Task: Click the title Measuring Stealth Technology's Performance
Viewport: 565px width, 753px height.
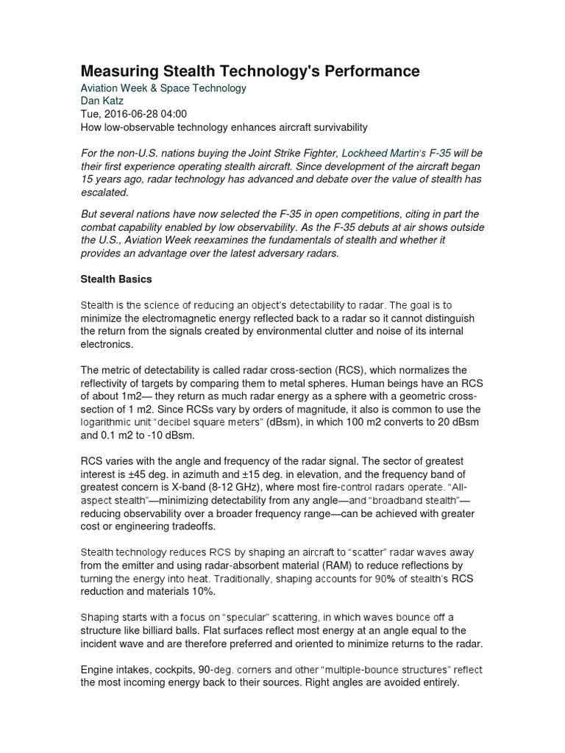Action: (x=249, y=71)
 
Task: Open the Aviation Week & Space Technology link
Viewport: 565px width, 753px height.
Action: (x=163, y=88)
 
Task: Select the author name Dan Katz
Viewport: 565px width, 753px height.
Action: (x=103, y=101)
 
